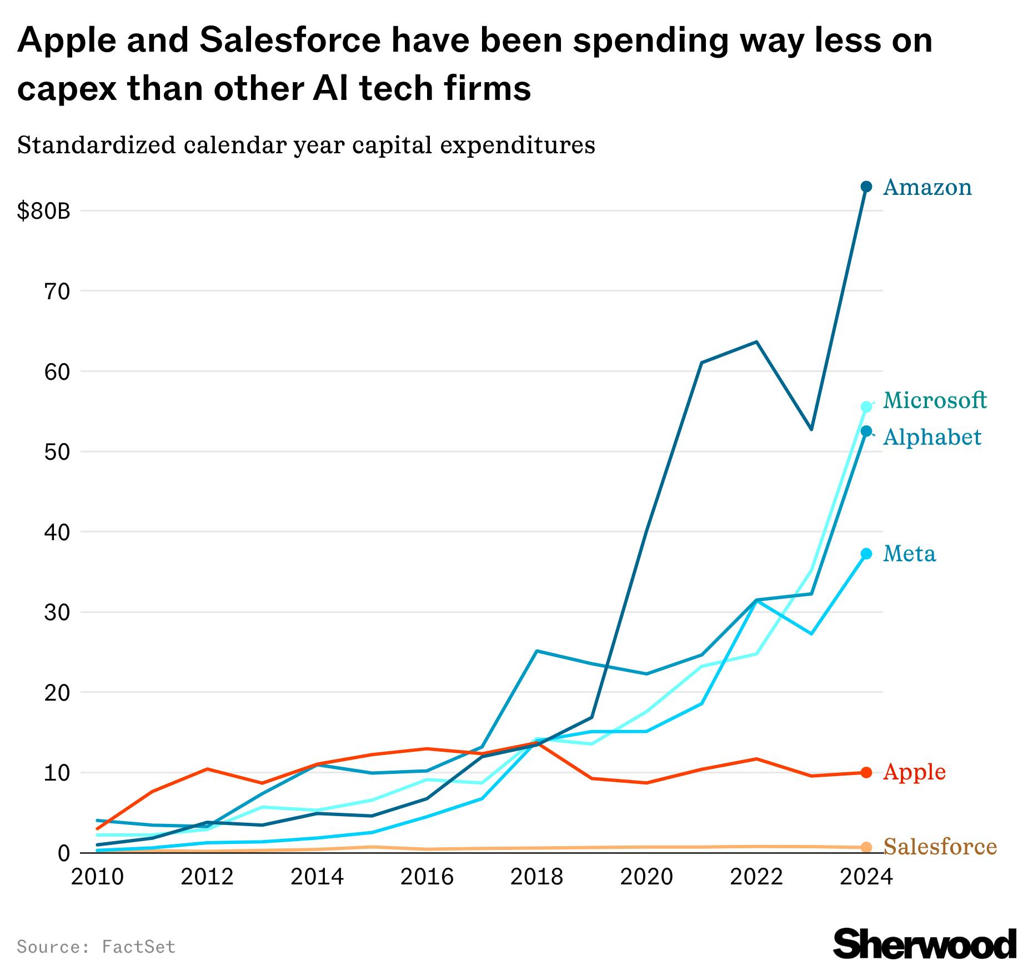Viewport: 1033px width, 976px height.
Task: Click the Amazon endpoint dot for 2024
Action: pyautogui.click(x=866, y=187)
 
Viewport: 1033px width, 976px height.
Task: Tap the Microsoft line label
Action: pyautogui.click(x=935, y=400)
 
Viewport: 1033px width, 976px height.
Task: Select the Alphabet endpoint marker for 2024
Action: pyautogui.click(x=866, y=431)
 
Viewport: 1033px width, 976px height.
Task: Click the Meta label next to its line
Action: pyautogui.click(x=909, y=554)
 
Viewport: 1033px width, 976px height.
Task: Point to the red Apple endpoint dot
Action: pyautogui.click(x=866, y=772)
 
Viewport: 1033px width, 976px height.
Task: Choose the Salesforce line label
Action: pyautogui.click(x=940, y=847)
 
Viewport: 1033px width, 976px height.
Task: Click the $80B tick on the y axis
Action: pyautogui.click(x=44, y=212)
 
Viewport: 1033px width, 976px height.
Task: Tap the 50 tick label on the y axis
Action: pyautogui.click(x=57, y=452)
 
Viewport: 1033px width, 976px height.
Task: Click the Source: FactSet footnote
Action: pyautogui.click(x=96, y=947)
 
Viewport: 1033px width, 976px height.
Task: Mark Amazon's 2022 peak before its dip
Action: pyautogui.click(x=756, y=342)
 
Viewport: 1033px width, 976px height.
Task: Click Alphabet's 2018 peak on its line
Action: pyautogui.click(x=536, y=651)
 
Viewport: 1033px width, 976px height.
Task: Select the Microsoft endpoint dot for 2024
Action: pyautogui.click(x=866, y=407)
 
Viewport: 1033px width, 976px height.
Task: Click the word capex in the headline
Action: pyautogui.click(x=67, y=89)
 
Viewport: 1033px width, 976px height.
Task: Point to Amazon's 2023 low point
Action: pyautogui.click(x=811, y=429)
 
